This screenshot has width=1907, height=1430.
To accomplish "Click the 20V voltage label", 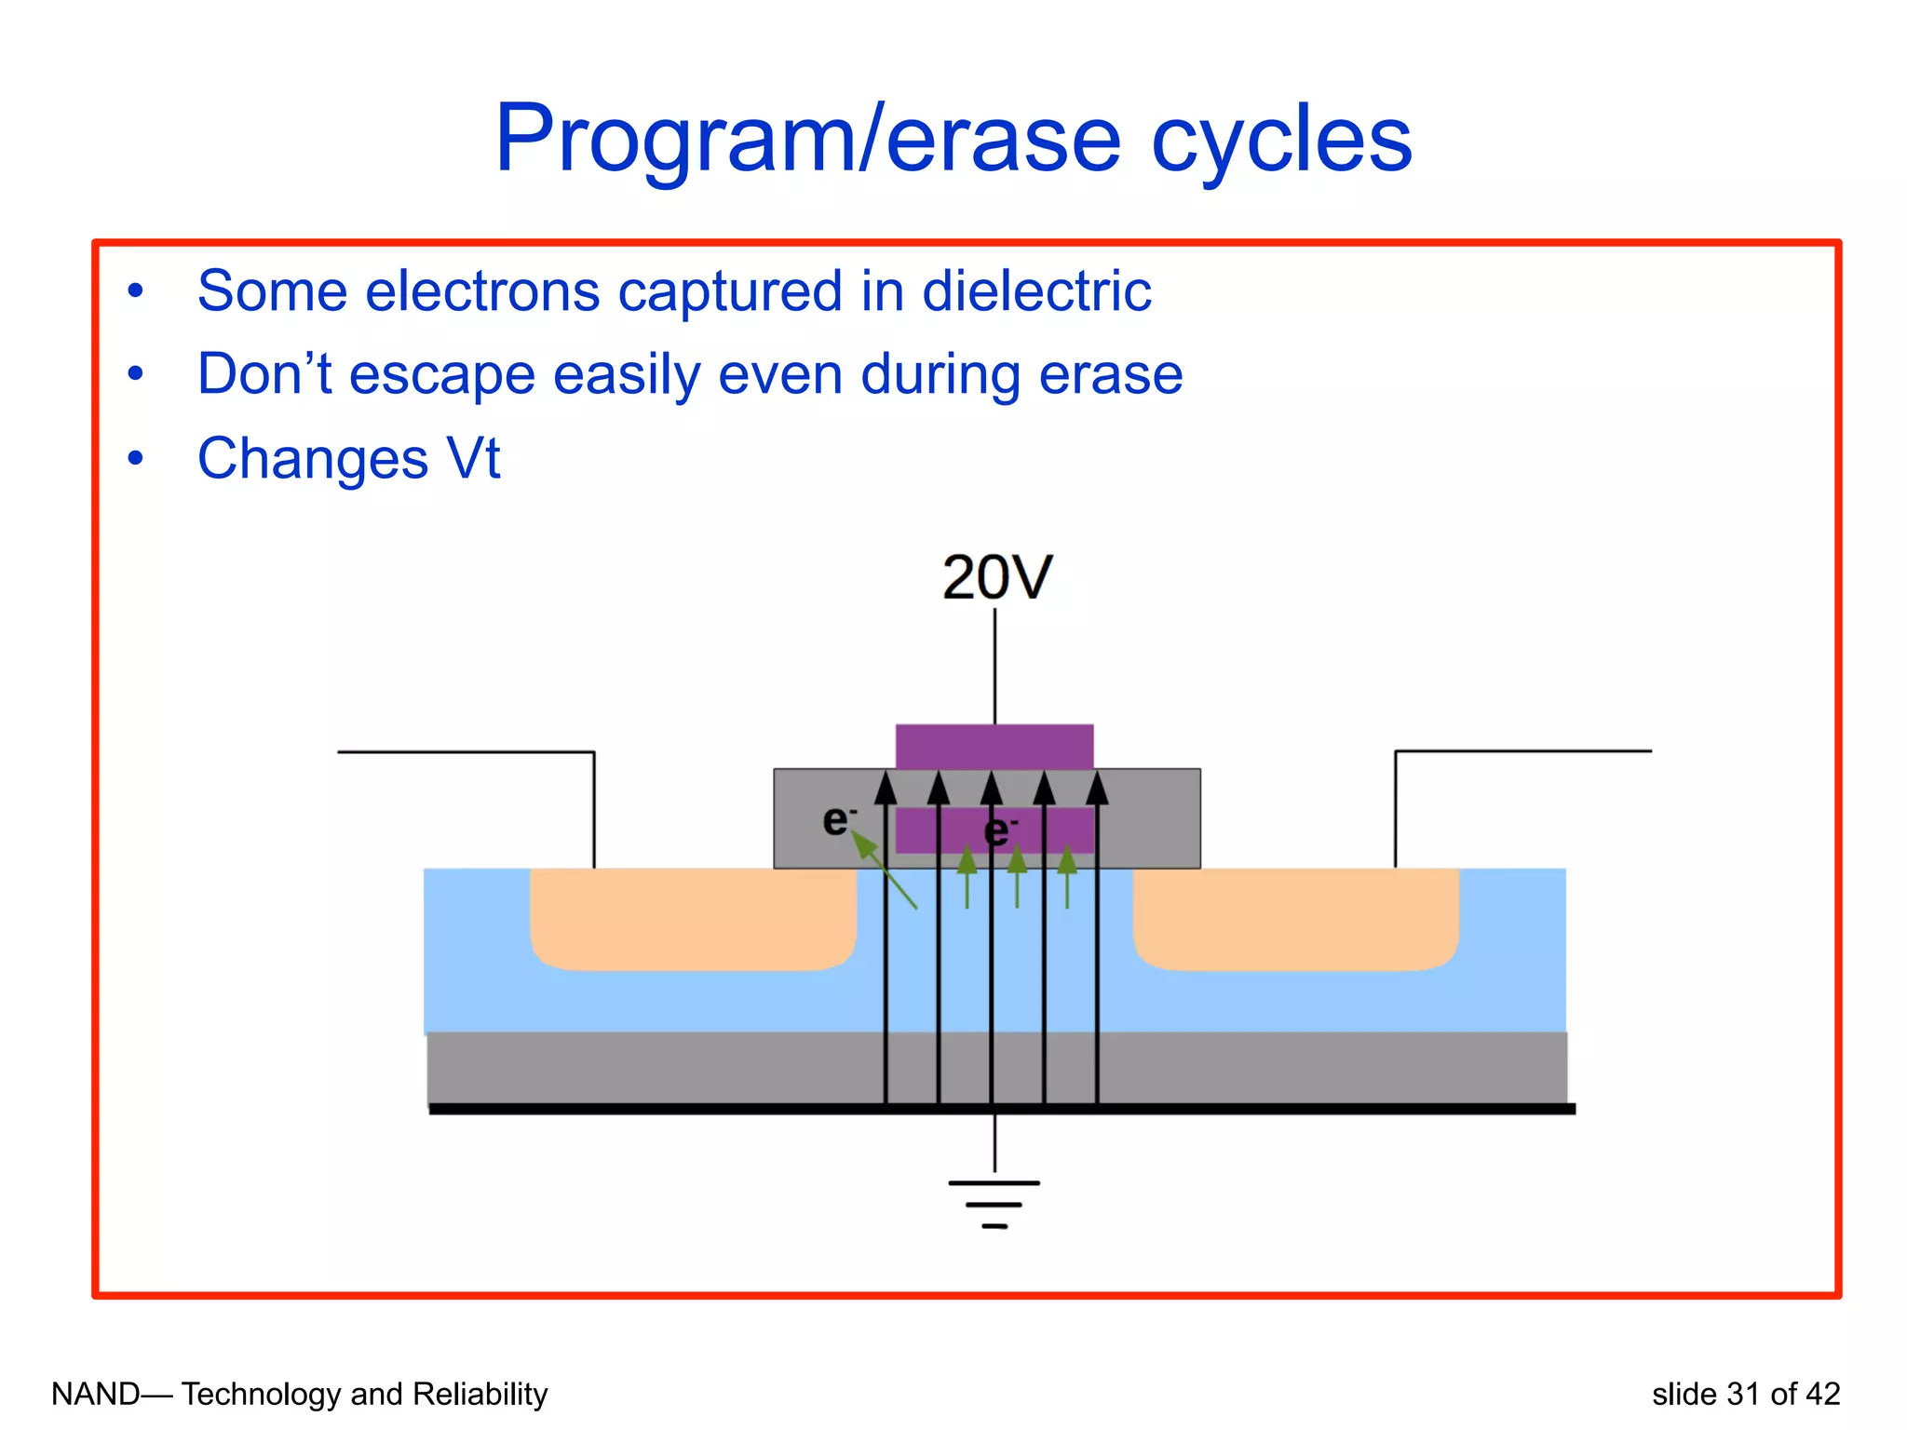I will click(996, 577).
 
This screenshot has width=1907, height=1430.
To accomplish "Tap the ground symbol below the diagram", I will click(994, 1204).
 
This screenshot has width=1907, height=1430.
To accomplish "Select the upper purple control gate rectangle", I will click(994, 746).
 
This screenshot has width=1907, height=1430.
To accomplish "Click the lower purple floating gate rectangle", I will click(931, 829).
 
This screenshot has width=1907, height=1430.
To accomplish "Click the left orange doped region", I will click(693, 917).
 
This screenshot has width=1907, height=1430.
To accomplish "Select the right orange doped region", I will click(1295, 917).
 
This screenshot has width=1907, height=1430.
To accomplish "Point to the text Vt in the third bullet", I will click(473, 459).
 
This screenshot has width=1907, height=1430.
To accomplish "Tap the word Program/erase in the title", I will click(806, 140).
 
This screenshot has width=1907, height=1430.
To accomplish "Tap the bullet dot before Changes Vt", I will click(136, 458).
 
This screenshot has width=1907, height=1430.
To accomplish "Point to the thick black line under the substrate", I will click(1001, 1109).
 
